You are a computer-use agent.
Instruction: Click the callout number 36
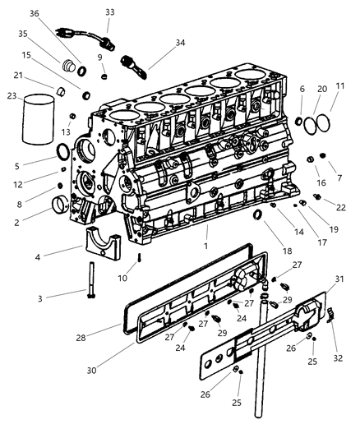tap(34, 13)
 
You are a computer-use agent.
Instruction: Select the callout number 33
tap(110, 12)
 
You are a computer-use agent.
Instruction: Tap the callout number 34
tap(180, 43)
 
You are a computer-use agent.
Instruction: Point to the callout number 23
tap(12, 95)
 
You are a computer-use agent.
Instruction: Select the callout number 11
tap(340, 86)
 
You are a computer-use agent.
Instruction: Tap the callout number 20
tap(321, 89)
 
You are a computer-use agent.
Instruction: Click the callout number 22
tap(340, 206)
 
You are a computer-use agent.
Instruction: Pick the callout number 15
tap(27, 55)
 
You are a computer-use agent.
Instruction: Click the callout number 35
tap(23, 35)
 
